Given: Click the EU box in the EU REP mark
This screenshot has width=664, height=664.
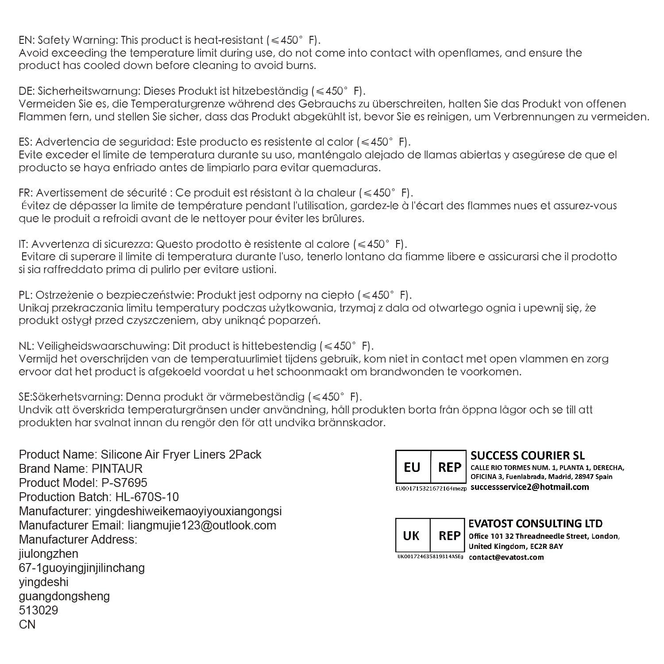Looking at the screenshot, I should click(x=412, y=467).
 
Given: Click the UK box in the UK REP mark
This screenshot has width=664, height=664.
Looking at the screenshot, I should click(x=411, y=536).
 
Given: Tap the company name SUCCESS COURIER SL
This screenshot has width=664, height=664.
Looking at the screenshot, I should click(x=527, y=456).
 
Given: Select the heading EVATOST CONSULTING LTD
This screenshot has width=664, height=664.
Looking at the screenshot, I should click(x=535, y=524).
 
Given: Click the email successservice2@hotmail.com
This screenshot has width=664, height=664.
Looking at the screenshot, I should click(x=529, y=487).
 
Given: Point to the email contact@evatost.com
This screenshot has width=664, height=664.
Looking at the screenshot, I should click(x=506, y=557).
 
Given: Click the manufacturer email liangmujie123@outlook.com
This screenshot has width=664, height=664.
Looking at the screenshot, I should click(x=201, y=525).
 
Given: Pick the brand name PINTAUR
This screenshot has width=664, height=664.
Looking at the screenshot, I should click(x=117, y=469).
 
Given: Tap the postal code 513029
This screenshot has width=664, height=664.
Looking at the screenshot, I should click(x=39, y=610).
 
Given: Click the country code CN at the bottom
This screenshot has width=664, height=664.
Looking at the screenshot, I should click(x=27, y=625).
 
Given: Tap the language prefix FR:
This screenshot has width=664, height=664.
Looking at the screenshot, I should click(x=25, y=193).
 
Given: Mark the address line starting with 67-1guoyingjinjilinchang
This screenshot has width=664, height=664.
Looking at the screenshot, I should click(x=82, y=568).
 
